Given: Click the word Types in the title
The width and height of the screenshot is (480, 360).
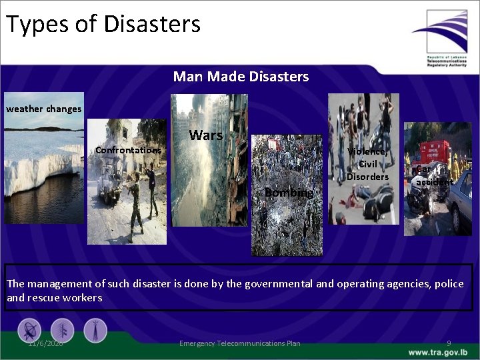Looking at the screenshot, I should pyautogui.click(x=37, y=25).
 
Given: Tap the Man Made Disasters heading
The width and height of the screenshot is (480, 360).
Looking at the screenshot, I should pyautogui.click(x=241, y=77).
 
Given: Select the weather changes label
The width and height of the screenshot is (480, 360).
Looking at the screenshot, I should pyautogui.click(x=44, y=109).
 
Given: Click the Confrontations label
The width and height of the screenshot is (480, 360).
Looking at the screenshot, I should pyautogui.click(x=128, y=150).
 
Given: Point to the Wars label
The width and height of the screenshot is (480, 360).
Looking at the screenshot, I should pyautogui.click(x=206, y=135).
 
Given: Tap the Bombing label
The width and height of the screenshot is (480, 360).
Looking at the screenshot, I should pyautogui.click(x=288, y=193).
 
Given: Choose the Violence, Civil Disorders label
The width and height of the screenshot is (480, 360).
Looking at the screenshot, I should pyautogui.click(x=367, y=163).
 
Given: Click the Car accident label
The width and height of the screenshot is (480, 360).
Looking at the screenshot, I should pyautogui.click(x=434, y=175).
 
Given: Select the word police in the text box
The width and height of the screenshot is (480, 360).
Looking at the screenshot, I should pyautogui.click(x=448, y=284).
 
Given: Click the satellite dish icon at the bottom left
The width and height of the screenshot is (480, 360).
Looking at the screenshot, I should pyautogui.click(x=29, y=330).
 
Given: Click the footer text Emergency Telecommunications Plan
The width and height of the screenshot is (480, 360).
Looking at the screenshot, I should pyautogui.click(x=240, y=343).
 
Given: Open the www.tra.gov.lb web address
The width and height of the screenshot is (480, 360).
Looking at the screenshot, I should pyautogui.click(x=438, y=352).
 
